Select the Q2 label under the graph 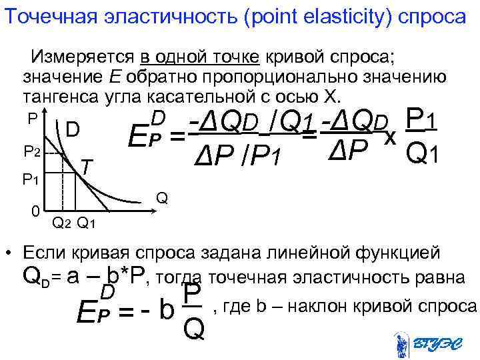click(61, 223)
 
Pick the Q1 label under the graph click(87, 223)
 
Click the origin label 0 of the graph click(34, 211)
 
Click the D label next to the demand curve click(73, 127)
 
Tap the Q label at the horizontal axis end click(161, 198)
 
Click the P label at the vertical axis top click(32, 117)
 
